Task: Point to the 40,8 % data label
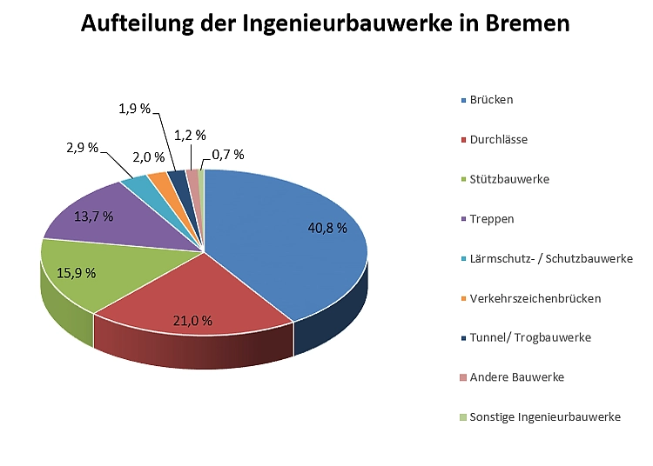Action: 327,229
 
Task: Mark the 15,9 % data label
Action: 76,272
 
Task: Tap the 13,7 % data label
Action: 94,216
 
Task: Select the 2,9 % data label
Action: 82,148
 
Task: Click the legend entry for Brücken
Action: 491,99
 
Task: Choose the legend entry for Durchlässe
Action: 498,139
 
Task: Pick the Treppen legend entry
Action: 491,218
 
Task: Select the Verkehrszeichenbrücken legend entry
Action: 535,298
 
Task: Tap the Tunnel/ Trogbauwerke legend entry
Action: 529,337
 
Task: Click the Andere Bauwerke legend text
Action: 516,377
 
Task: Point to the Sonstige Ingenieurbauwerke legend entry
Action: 544,417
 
